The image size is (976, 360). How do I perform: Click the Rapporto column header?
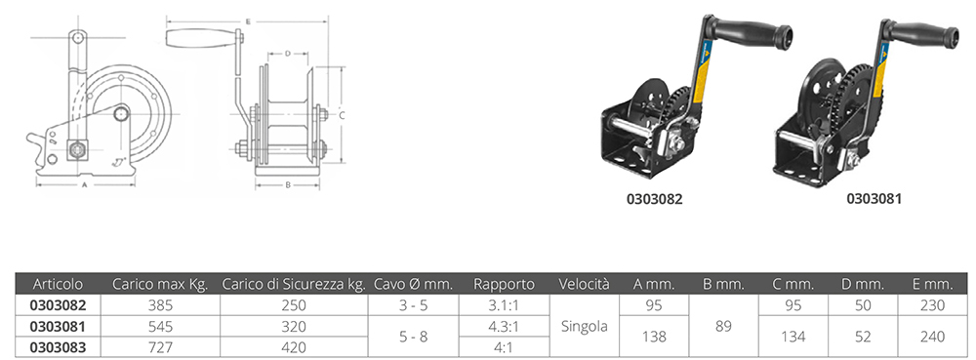(x=504, y=284)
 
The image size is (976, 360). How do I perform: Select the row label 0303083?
(x=58, y=347)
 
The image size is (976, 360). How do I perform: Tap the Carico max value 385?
(x=159, y=305)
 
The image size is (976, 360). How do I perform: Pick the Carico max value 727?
(x=159, y=347)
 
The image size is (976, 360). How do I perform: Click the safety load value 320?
(x=293, y=327)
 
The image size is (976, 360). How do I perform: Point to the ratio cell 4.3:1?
(x=504, y=327)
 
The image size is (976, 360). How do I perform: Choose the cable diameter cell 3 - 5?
(x=413, y=305)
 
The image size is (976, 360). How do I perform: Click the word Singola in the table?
(x=584, y=327)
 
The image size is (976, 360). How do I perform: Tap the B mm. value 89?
(x=723, y=327)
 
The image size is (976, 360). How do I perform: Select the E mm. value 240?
(x=932, y=337)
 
